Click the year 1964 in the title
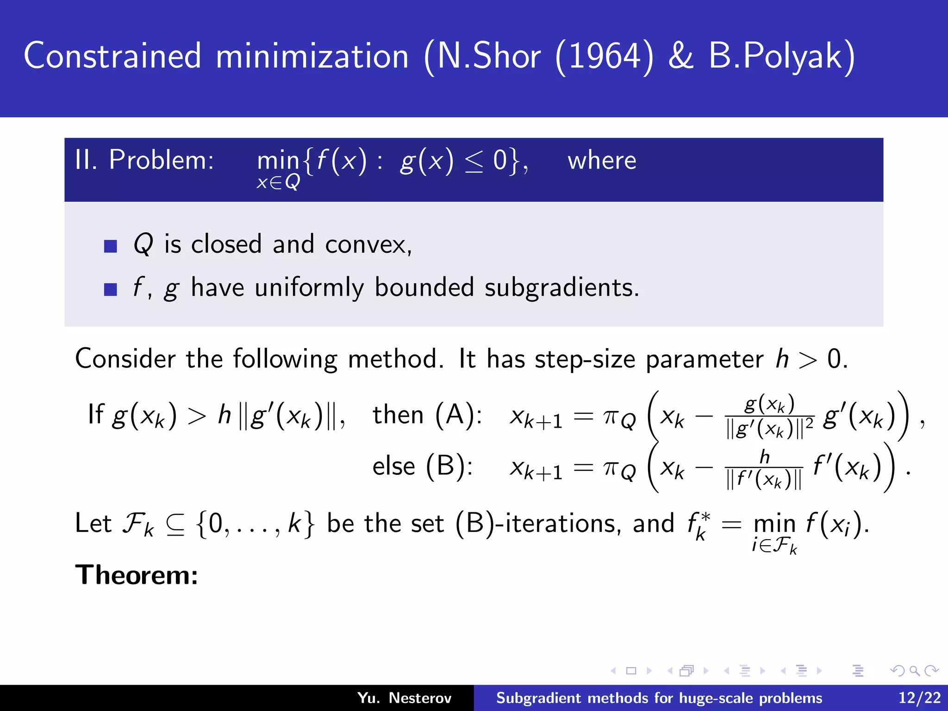[x=604, y=56]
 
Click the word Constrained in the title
[x=112, y=56]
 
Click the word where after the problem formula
[x=602, y=161]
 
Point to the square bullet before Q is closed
[x=111, y=246]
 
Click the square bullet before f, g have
[x=111, y=289]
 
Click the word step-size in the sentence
[x=585, y=359]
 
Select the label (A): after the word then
[x=459, y=414]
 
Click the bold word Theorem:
[x=137, y=575]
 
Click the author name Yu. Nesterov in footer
[x=404, y=698]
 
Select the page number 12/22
[x=919, y=698]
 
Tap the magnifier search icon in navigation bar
[x=914, y=671]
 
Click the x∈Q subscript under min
[x=278, y=182]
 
